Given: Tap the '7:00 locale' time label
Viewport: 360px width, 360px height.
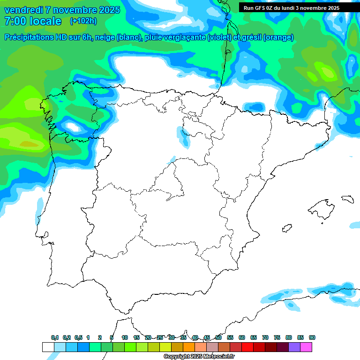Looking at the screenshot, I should [32, 21].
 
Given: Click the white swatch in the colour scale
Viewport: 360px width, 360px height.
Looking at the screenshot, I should [48, 347].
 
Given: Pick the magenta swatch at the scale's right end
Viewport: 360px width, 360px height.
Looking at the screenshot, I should [306, 347].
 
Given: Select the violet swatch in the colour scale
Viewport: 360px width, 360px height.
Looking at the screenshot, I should [294, 347].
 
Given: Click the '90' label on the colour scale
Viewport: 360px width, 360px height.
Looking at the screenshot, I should [312, 337].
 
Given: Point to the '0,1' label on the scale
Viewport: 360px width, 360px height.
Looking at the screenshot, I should [54, 337].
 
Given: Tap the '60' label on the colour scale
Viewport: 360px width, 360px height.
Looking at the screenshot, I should [242, 337].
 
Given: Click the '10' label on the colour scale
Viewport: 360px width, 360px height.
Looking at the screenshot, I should [125, 337].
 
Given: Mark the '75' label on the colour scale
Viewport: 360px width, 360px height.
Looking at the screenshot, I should [277, 337].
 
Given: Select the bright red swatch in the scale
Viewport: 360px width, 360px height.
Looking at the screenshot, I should [247, 347].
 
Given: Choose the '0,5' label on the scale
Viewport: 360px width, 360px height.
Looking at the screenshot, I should [78, 337].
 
